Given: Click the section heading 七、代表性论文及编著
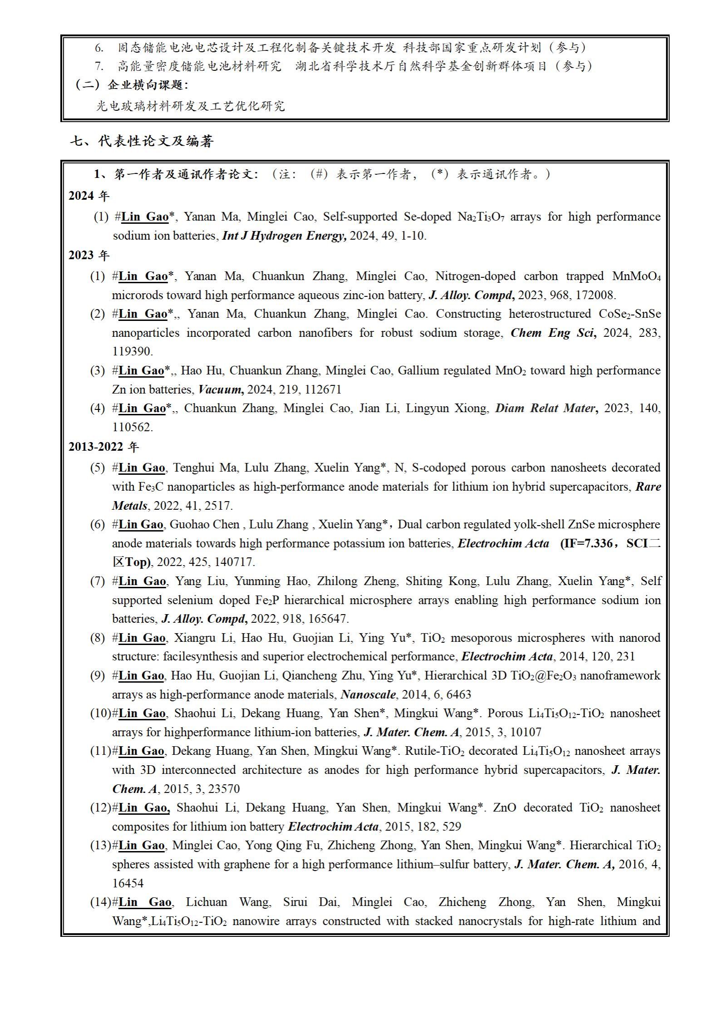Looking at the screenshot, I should [x=142, y=142].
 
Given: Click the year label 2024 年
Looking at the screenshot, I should [x=89, y=196].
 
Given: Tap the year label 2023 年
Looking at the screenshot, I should [x=89, y=256].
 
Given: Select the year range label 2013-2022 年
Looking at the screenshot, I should [x=104, y=447].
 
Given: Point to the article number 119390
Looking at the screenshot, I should [x=132, y=352].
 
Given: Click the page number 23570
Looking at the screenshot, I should [x=222, y=789].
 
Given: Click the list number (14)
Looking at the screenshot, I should [x=100, y=902].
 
